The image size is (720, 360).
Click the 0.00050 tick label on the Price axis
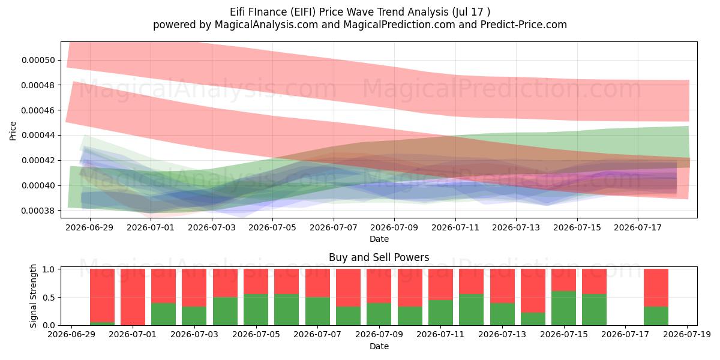[38, 60]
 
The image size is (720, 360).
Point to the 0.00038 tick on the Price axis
[38, 211]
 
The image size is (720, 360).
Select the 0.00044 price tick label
[38, 136]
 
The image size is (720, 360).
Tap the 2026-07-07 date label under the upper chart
[334, 227]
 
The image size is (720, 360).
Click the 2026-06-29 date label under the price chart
[89, 227]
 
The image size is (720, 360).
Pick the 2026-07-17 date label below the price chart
[638, 227]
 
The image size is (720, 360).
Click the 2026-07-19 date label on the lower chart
[687, 334]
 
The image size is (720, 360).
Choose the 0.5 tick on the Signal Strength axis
[49, 298]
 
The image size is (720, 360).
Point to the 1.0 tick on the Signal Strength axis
[49, 269]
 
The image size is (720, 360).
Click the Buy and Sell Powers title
[379, 257]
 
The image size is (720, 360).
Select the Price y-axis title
[13, 131]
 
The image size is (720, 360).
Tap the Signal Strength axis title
[33, 296]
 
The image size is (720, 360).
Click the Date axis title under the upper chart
[379, 239]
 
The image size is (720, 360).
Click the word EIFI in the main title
[304, 12]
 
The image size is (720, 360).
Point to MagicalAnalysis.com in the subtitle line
[266, 25]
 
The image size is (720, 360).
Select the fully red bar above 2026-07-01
[133, 297]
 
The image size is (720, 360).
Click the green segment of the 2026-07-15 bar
[563, 308]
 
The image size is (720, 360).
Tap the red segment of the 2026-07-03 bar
[194, 287]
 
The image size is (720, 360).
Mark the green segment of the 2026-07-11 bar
[440, 313]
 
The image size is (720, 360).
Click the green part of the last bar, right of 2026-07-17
[656, 316]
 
